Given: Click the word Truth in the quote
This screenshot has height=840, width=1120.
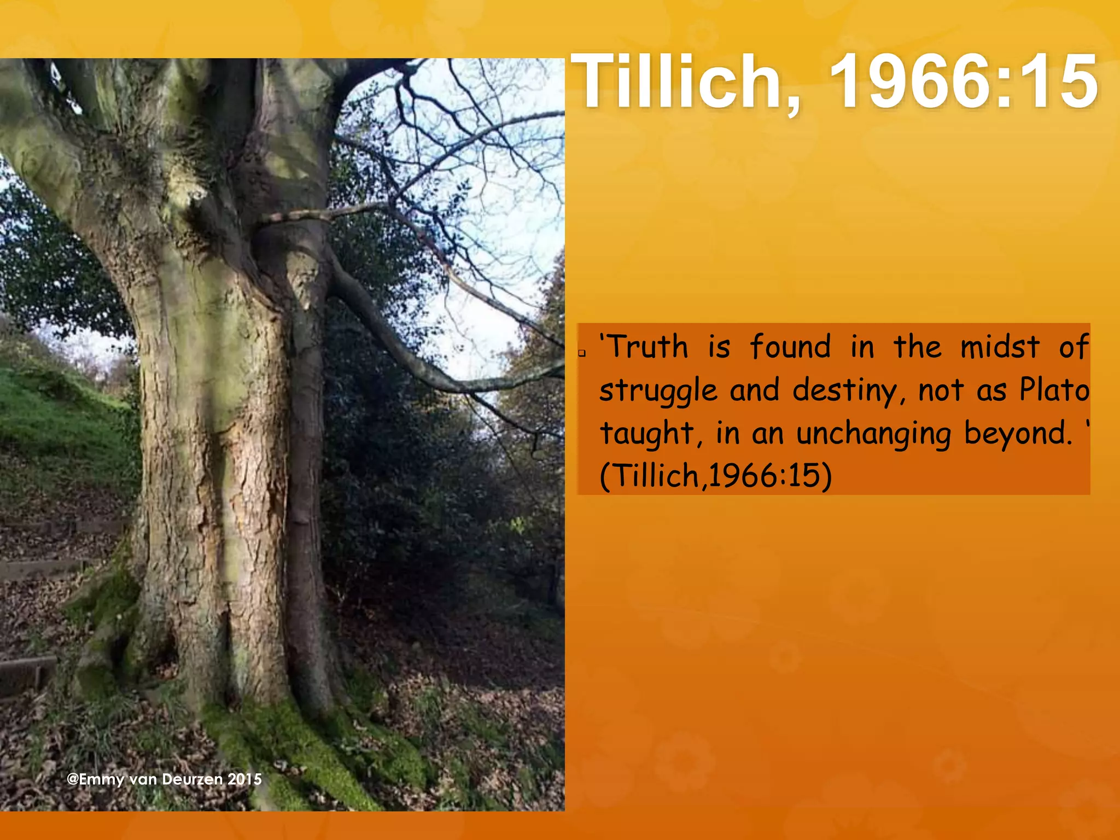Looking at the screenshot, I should click(x=648, y=347).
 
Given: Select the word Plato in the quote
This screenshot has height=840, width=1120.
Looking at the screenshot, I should click(x=1054, y=390).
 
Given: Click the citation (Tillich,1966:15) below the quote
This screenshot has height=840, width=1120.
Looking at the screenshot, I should click(x=715, y=475).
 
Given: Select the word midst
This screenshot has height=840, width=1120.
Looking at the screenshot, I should click(x=1000, y=347).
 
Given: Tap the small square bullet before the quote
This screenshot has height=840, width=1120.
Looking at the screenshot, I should click(x=582, y=353).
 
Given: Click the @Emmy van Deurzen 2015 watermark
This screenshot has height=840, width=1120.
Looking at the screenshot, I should click(x=164, y=779).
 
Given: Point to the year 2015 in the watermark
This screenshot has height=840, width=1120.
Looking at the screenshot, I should click(x=244, y=779).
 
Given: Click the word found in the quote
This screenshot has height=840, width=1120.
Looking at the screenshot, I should click(x=790, y=347).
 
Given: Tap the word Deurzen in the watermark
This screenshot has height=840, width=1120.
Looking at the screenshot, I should click(x=192, y=779).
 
